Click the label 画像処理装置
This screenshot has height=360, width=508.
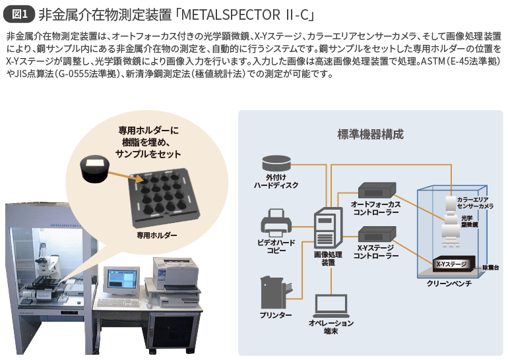coord(328,258)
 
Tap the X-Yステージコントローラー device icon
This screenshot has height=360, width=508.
coord(377,233)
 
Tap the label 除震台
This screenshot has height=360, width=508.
coord(493,267)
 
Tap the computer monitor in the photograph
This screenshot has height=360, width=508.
coord(123,280)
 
